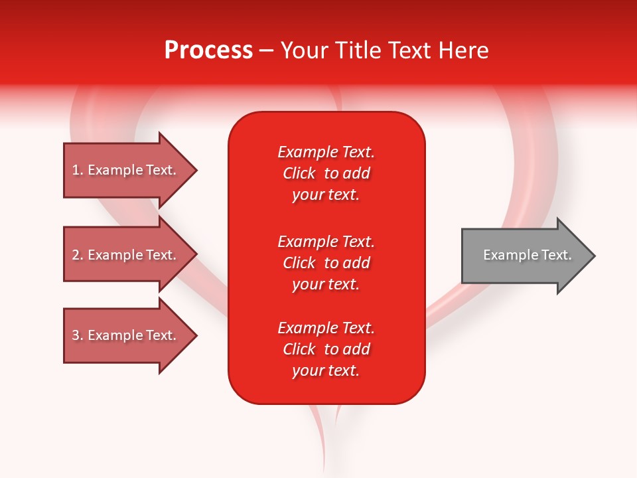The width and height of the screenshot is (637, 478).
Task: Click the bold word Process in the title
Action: [208, 50]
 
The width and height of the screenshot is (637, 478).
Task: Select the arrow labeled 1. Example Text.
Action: [126, 170]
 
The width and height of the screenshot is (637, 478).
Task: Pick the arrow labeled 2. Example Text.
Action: [126, 255]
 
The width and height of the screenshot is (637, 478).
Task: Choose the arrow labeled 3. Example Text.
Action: [126, 335]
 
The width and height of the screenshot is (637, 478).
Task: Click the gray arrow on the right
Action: [524, 255]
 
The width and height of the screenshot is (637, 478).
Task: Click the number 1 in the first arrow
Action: [76, 170]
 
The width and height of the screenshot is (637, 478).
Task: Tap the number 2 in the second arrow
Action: [76, 255]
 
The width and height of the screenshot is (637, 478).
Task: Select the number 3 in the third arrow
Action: [76, 335]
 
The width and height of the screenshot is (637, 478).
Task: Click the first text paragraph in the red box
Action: [326, 173]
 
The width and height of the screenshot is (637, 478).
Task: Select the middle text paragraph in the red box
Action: [326, 263]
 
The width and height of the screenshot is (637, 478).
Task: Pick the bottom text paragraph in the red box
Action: [326, 349]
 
